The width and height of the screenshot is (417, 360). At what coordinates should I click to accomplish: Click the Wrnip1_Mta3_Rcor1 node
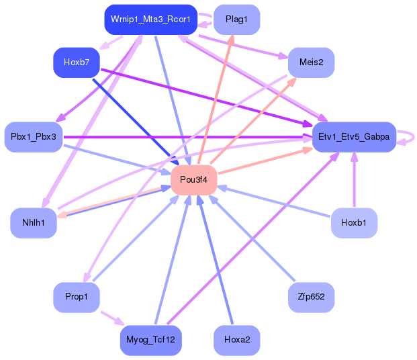[x=150, y=20]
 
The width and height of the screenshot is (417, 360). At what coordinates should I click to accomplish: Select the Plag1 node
[x=236, y=20]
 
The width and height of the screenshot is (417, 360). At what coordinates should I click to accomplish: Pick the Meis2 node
[x=311, y=62]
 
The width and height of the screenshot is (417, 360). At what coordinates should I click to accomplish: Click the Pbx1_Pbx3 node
[x=34, y=137]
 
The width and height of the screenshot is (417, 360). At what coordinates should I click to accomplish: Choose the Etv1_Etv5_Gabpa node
[x=353, y=137]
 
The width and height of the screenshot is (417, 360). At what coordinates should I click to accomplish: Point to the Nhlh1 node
[x=34, y=223]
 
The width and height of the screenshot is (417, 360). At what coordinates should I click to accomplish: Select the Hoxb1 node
[x=354, y=223]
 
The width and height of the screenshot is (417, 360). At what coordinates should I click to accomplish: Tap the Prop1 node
[x=77, y=297]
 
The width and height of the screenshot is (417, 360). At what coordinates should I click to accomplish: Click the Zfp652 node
[x=311, y=297]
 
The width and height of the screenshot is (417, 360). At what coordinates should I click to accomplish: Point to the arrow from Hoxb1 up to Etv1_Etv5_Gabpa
[x=354, y=181]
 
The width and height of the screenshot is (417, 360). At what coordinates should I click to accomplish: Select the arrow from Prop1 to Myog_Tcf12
[x=111, y=316]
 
